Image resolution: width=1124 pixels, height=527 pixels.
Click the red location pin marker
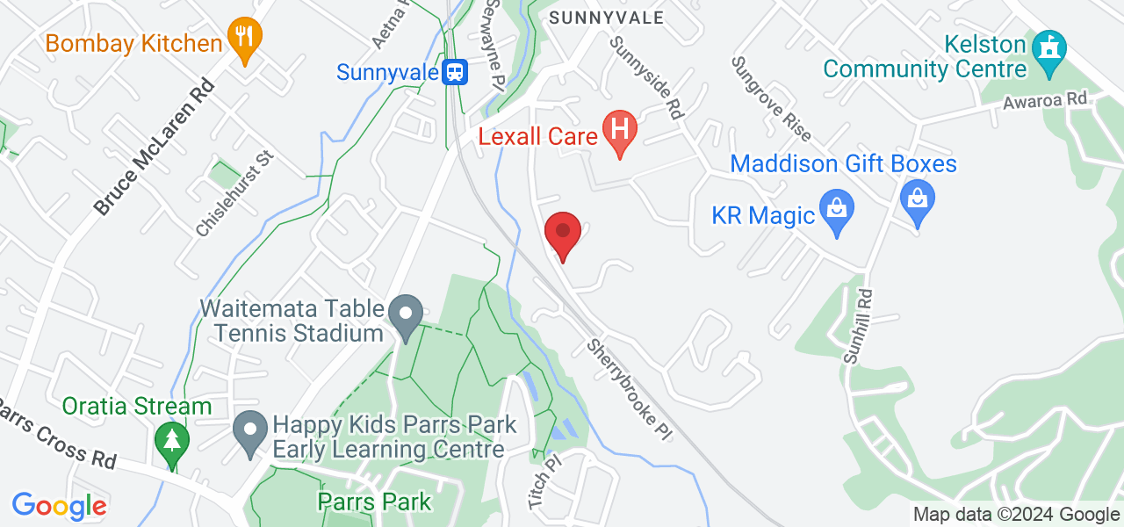point(562,234)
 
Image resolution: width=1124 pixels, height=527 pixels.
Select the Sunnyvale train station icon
point(455,71)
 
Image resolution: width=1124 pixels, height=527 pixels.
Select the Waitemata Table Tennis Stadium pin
point(406,316)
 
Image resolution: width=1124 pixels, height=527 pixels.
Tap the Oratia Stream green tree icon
point(171,442)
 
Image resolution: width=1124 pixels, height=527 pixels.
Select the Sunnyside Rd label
point(647,77)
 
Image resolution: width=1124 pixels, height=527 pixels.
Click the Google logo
point(59,506)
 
